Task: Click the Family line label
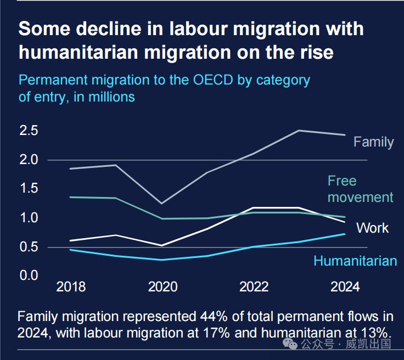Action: [373, 142]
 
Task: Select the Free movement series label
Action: [360, 189]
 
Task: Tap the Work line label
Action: [372, 228]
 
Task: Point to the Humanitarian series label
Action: [355, 261]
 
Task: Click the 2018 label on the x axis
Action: [71, 287]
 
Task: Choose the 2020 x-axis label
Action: [162, 287]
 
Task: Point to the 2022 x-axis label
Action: [254, 287]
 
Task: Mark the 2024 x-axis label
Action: [345, 287]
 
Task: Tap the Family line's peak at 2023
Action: [299, 131]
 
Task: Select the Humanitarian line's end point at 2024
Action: [345, 234]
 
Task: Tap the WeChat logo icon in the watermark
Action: [289, 344]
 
